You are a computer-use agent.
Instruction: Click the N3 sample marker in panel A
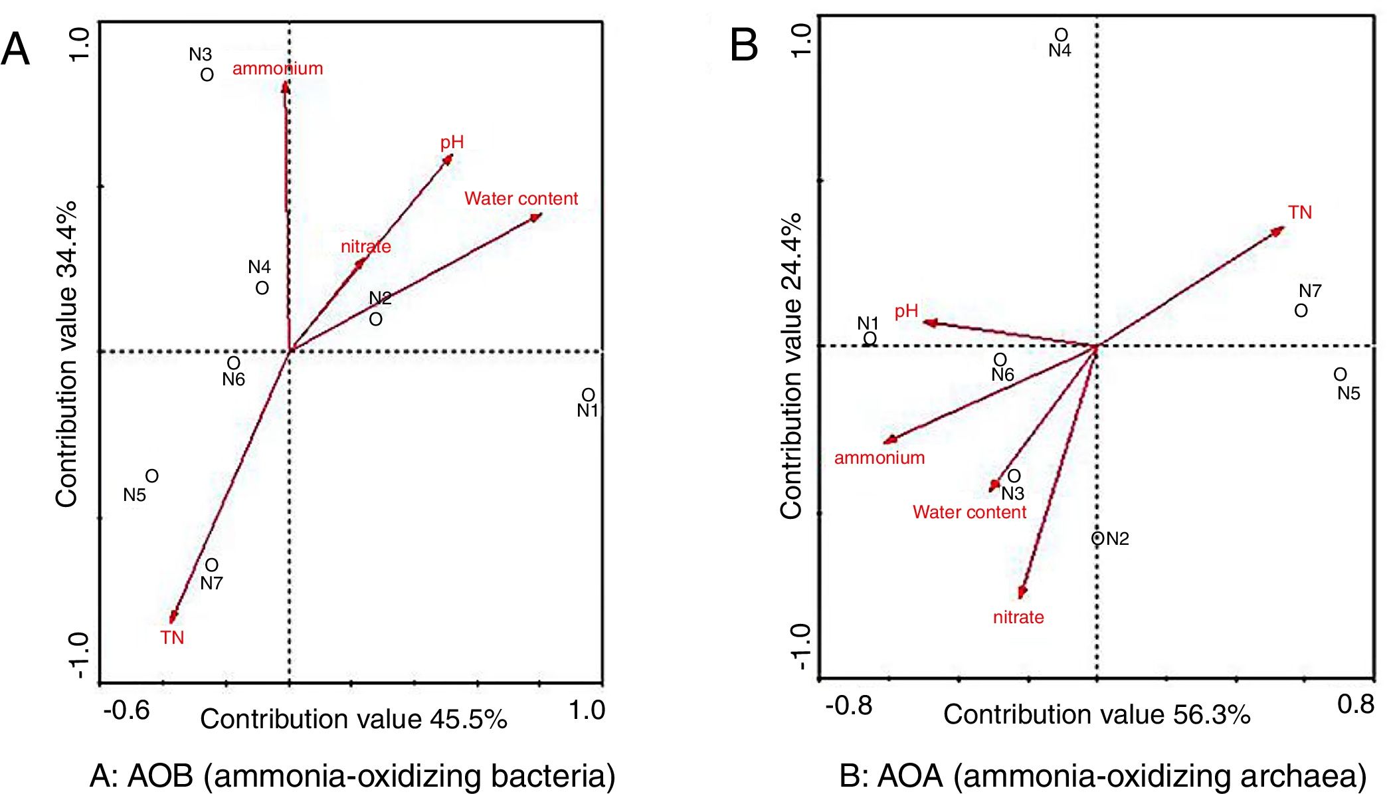tap(207, 75)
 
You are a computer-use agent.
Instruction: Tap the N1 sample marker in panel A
tap(588, 395)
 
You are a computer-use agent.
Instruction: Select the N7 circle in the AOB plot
tap(211, 565)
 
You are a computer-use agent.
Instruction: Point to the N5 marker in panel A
tap(152, 476)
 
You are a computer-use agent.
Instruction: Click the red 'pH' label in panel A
tap(452, 142)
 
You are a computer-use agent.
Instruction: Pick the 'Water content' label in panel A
tap(521, 199)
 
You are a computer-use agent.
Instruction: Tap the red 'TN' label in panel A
tap(172, 638)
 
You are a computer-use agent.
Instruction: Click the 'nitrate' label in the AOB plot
tap(365, 247)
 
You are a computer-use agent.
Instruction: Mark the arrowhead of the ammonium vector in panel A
tap(285, 86)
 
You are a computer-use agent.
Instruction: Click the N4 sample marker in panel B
tap(1062, 35)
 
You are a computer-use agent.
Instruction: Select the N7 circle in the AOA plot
tap(1301, 310)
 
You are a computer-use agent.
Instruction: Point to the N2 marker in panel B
tap(1097, 538)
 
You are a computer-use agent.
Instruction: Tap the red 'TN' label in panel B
tap(1300, 213)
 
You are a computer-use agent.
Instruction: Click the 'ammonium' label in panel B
tap(880, 458)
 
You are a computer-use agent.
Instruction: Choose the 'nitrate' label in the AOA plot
tap(1018, 617)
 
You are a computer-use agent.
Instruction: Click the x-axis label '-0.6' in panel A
tap(126, 710)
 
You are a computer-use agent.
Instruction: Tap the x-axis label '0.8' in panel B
tap(1355, 704)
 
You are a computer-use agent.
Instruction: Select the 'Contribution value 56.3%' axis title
tap(1097, 715)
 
